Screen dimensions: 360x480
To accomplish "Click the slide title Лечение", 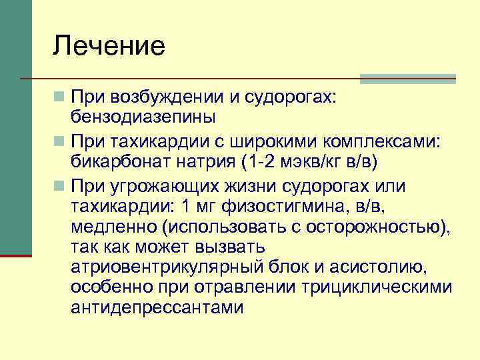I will click(x=109, y=46).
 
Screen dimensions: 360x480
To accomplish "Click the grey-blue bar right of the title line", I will click(x=407, y=79).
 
